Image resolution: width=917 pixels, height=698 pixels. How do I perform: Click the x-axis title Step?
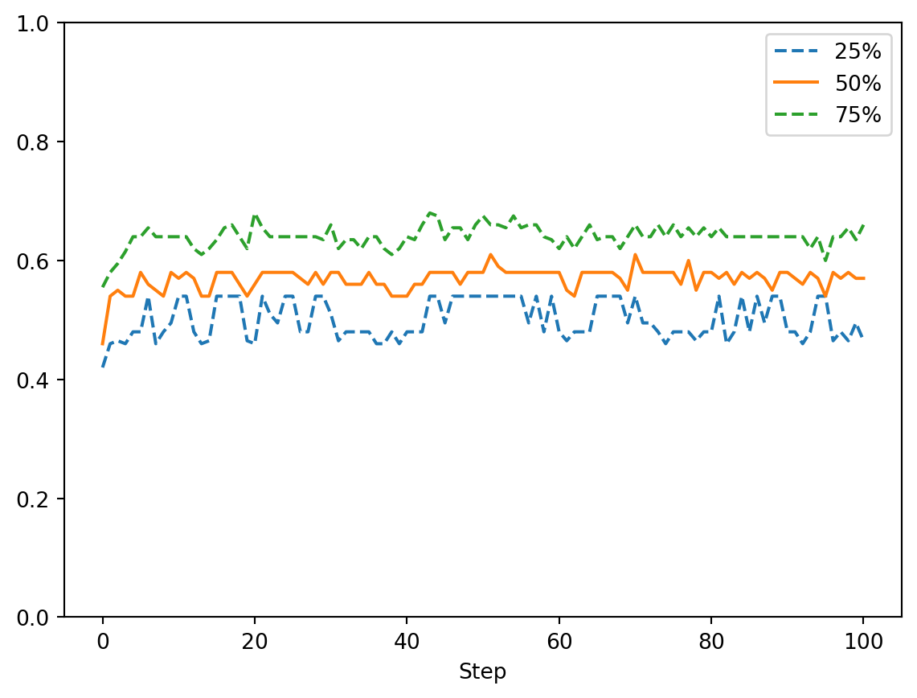click(482, 672)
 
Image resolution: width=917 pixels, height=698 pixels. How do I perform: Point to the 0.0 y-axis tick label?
click(37, 618)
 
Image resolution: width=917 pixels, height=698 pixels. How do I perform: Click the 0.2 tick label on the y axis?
click(37, 499)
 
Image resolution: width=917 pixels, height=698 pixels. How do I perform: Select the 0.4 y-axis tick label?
click(37, 380)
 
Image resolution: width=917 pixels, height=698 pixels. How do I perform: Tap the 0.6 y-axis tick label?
click(37, 261)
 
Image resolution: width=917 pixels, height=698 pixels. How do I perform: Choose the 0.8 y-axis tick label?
click(37, 142)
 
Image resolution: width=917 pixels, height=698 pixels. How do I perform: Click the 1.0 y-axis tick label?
click(37, 23)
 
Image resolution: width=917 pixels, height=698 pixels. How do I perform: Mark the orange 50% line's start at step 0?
click(103, 344)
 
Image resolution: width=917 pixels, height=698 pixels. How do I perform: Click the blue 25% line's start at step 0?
click(103, 367)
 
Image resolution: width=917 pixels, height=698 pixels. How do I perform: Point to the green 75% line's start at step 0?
click(103, 286)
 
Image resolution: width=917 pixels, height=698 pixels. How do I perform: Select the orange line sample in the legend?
click(796, 84)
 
